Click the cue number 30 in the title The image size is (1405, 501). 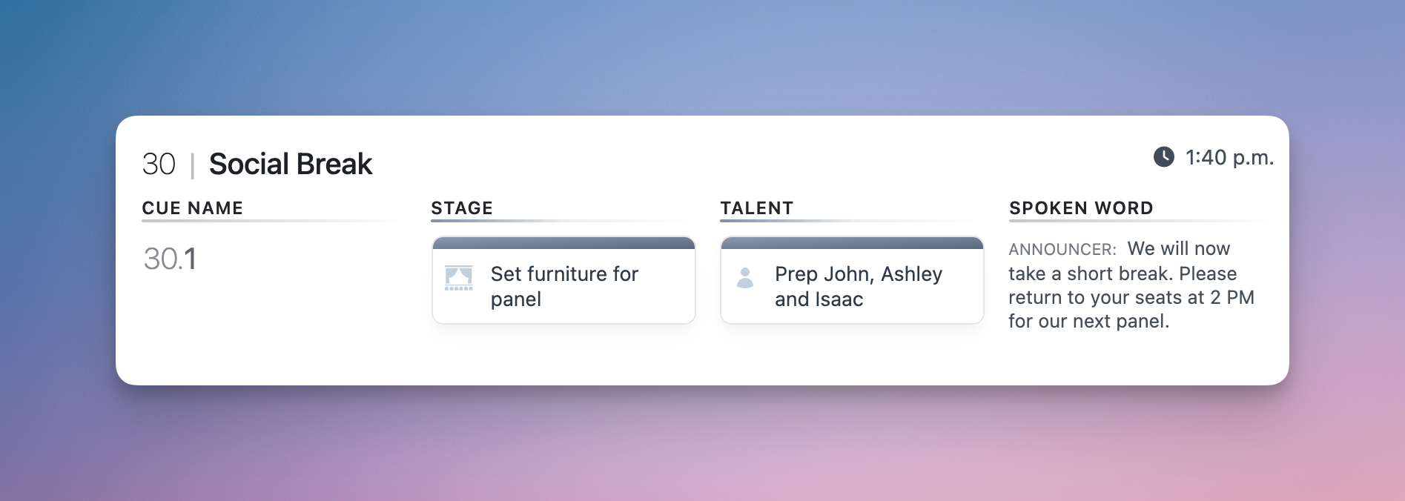point(159,164)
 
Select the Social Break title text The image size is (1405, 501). point(291,164)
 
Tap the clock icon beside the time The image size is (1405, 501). point(1164,156)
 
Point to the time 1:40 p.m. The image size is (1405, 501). point(1229,157)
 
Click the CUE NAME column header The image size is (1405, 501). point(193,208)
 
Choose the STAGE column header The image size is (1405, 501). point(462,208)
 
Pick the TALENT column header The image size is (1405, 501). point(757,208)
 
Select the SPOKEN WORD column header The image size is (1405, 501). point(1081,208)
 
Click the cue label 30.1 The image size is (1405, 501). point(170,259)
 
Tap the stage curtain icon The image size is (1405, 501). point(459,278)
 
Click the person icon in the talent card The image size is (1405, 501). point(745,278)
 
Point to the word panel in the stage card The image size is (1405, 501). point(516,300)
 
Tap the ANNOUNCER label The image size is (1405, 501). point(1062,250)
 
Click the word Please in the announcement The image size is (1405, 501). point(1208,273)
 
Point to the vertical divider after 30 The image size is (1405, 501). point(192,165)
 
